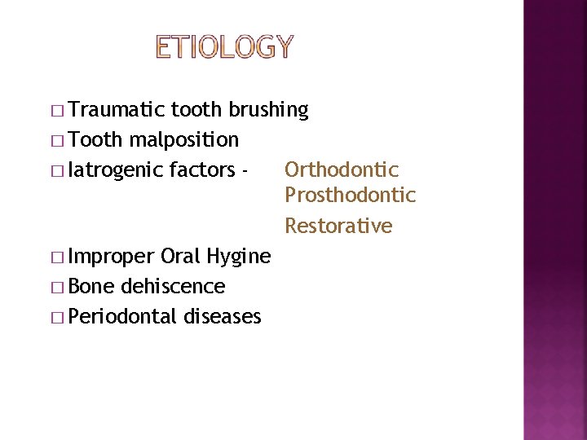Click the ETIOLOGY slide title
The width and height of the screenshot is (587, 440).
pos(223,47)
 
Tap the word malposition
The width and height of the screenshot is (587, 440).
pos(183,140)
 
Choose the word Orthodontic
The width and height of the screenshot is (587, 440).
pos(342,169)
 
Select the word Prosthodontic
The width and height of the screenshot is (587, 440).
pos(350,196)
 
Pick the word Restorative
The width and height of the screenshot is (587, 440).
pos(338,226)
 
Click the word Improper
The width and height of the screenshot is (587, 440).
pos(113,257)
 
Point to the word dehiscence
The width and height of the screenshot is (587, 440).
pos(172,286)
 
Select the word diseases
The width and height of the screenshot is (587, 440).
pos(223,316)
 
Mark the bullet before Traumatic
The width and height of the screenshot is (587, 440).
pos(61,110)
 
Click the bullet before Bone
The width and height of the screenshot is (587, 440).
pos(61,287)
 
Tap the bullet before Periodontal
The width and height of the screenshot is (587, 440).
pos(61,317)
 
